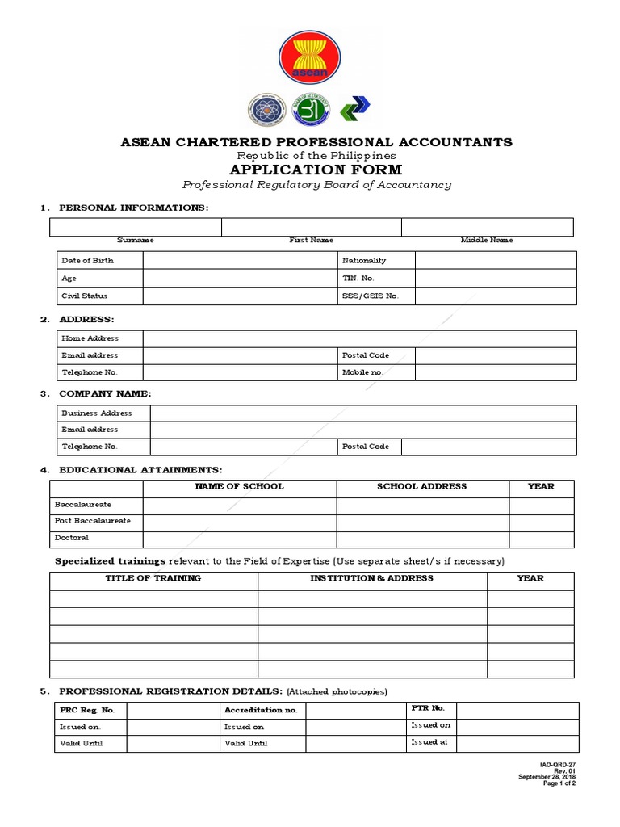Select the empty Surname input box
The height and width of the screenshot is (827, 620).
[136, 227]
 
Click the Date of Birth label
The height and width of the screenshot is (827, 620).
[87, 261]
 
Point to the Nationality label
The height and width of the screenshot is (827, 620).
[364, 261]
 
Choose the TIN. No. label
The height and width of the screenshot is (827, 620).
[358, 278]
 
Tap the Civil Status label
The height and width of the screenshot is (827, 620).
[84, 296]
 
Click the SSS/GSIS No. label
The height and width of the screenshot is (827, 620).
[371, 296]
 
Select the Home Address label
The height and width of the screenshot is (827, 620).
[90, 338]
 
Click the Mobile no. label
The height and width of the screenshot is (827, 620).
[362, 372]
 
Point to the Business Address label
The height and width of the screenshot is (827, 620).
[96, 413]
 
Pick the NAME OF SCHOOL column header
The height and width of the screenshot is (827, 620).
[239, 487]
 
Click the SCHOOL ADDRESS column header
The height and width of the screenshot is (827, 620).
[421, 487]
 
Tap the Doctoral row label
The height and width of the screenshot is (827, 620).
[71, 538]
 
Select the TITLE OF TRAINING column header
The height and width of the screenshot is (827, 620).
[153, 578]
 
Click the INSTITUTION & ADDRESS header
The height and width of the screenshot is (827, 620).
[371, 578]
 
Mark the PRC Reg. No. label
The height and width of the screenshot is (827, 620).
[88, 710]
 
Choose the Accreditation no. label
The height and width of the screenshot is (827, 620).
[261, 710]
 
